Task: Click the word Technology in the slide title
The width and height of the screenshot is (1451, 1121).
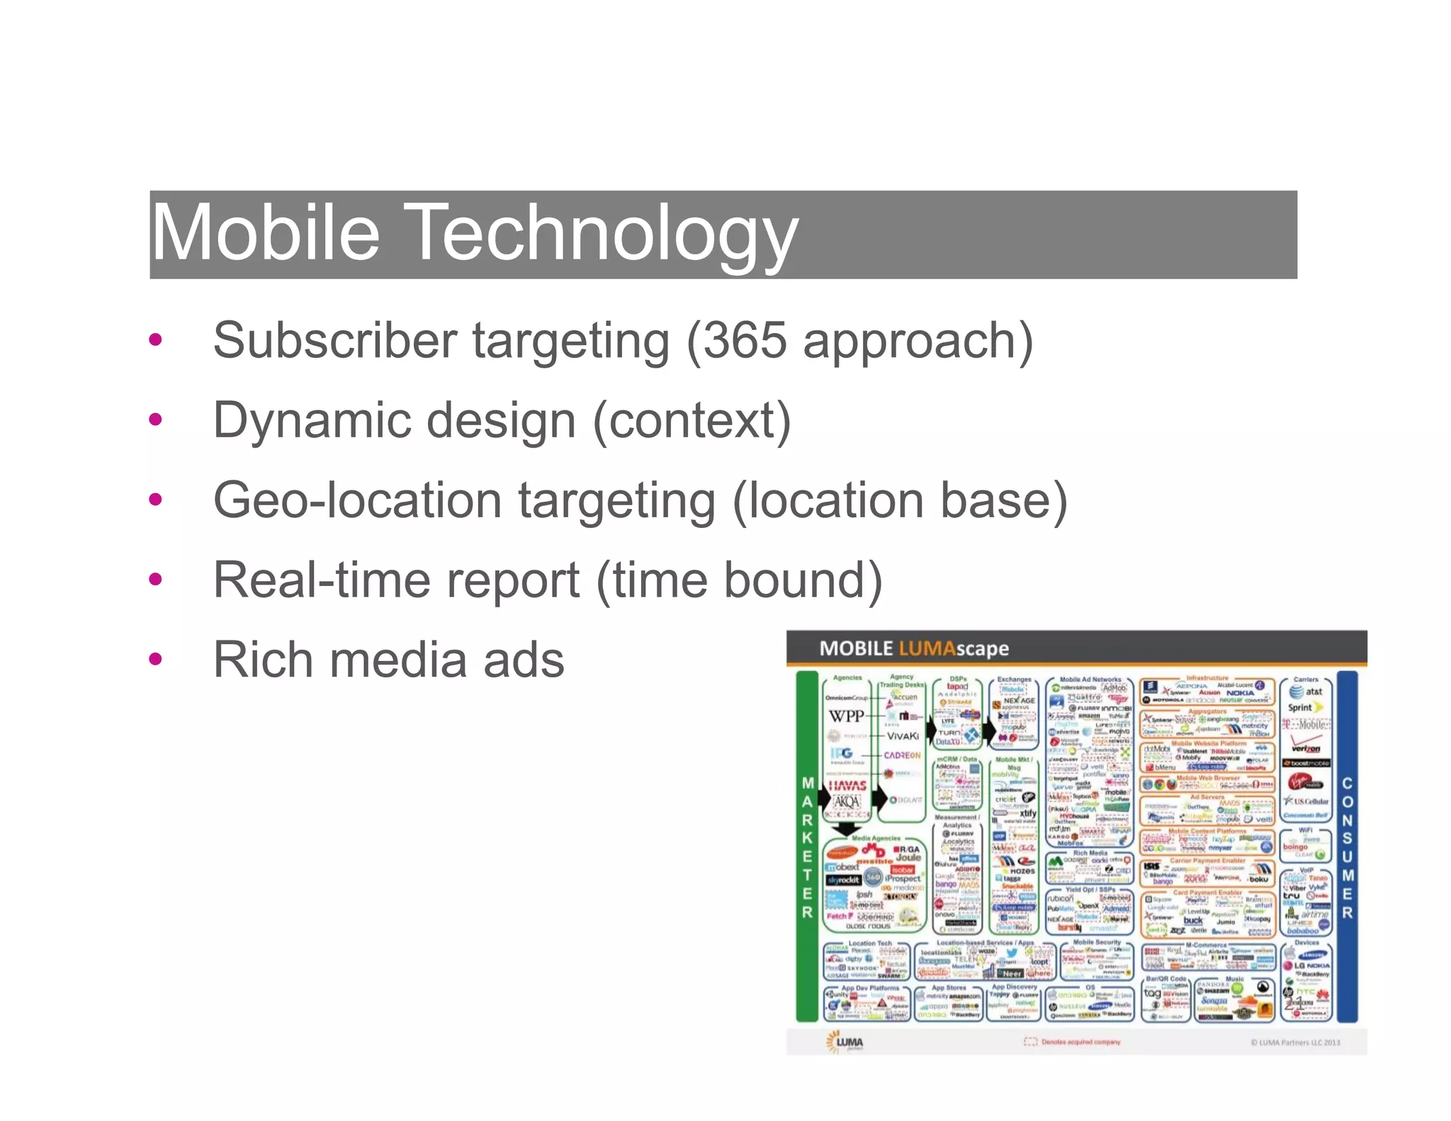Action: pyautogui.click(x=604, y=234)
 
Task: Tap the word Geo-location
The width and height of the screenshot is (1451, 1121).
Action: pyautogui.click(x=358, y=500)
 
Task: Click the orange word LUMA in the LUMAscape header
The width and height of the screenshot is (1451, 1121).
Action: pyautogui.click(x=927, y=648)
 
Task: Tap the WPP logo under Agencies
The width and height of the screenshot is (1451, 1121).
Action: pyautogui.click(x=847, y=716)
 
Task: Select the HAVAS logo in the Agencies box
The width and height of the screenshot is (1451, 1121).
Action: pyautogui.click(x=847, y=786)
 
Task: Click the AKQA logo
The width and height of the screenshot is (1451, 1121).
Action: pyautogui.click(x=847, y=802)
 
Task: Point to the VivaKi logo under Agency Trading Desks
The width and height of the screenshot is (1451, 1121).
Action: pyautogui.click(x=903, y=736)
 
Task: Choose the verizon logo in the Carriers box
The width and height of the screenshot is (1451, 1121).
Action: pyautogui.click(x=1306, y=748)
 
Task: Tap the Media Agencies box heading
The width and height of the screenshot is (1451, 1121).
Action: pyautogui.click(x=876, y=838)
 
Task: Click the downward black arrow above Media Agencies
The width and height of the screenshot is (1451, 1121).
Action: pyautogui.click(x=846, y=828)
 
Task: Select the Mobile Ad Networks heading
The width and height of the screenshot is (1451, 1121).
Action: pyautogui.click(x=1090, y=680)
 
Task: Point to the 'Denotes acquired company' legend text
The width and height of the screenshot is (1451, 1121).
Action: pyautogui.click(x=1080, y=1042)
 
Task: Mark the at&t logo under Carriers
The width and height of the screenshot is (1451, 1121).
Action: pyautogui.click(x=1306, y=692)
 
